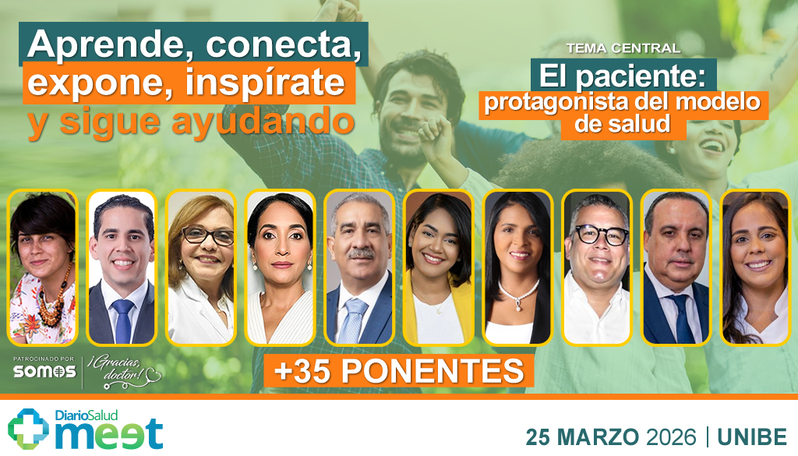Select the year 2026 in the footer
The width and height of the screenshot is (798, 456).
(x=667, y=437)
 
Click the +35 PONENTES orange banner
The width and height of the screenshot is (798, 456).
(x=399, y=370)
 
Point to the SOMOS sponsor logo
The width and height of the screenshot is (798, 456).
(x=44, y=372)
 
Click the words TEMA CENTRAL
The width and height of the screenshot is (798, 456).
(x=623, y=48)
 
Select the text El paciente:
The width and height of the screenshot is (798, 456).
(x=623, y=76)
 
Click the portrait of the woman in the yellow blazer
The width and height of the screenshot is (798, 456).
(x=438, y=267)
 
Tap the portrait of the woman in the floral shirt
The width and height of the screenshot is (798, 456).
(x=43, y=267)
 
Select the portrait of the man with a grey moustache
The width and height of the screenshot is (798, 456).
(x=358, y=267)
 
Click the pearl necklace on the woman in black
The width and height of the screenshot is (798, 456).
(x=518, y=294)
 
